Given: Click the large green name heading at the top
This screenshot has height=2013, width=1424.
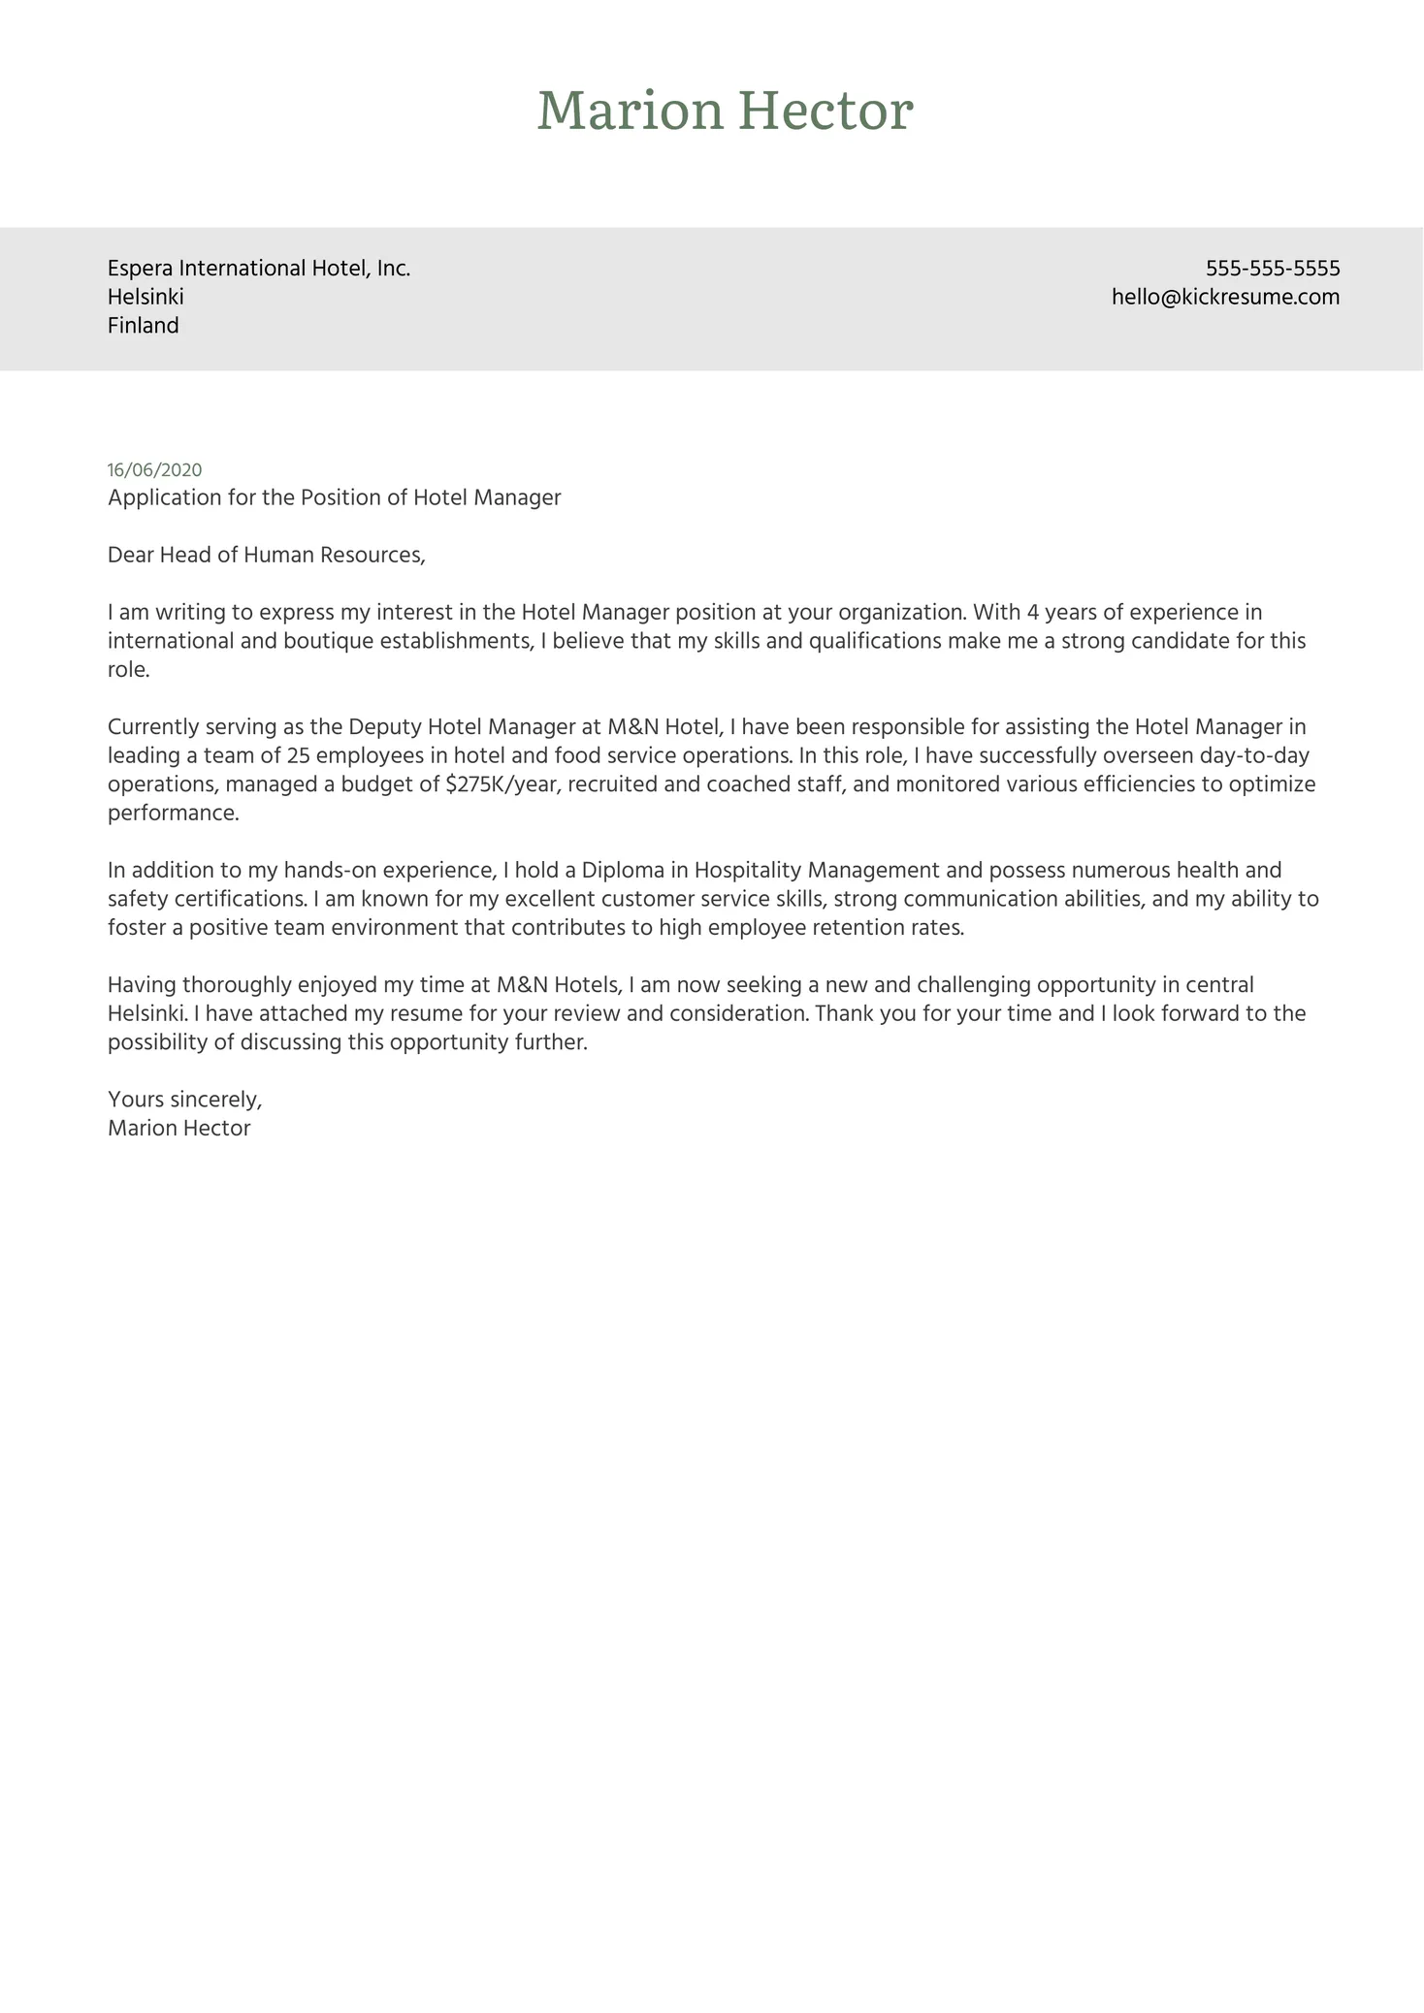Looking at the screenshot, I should click(725, 111).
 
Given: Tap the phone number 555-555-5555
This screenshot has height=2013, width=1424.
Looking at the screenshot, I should click(1273, 269).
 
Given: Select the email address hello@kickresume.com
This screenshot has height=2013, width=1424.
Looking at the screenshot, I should click(1225, 297).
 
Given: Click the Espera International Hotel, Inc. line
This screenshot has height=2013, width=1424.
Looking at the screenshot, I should click(259, 269).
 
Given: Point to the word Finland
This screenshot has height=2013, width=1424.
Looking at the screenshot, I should click(144, 326).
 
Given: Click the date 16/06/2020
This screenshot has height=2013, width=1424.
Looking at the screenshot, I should click(155, 470).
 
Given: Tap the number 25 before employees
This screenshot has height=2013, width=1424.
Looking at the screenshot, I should click(300, 755).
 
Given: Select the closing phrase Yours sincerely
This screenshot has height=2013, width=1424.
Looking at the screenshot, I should click(184, 1100).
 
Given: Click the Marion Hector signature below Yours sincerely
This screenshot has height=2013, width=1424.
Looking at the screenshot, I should click(179, 1129).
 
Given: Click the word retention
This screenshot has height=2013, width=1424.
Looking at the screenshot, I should click(858, 928).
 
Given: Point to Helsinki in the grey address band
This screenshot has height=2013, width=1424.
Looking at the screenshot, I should click(146, 297).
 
